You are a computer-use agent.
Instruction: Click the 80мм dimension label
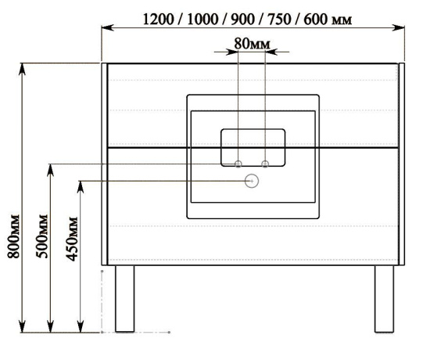coord(252,44)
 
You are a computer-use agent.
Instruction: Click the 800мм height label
coord(14,236)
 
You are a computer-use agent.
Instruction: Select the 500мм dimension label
coord(42,236)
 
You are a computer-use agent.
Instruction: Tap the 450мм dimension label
coord(72,239)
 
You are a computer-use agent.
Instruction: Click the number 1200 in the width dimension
coord(159,20)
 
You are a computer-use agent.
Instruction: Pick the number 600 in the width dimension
coord(315,20)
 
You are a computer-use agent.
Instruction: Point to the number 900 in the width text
coord(242,20)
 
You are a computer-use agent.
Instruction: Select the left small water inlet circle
coord(238,164)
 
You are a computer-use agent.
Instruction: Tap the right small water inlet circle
coord(265,164)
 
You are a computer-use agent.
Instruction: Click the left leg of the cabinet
coord(125,299)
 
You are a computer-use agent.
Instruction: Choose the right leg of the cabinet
coord(384,299)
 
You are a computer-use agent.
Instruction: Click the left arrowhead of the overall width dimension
coord(108,27)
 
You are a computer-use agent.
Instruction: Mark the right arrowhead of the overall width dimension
coord(399,27)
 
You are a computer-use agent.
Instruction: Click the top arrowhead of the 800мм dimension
coord(22,69)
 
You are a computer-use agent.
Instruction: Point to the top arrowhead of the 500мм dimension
coord(50,171)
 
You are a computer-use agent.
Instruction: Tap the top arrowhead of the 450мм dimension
coord(81,187)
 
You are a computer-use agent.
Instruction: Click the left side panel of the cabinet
coord(105,164)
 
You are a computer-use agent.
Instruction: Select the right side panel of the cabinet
coord(402,164)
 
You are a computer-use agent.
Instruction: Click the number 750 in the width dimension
coord(279,20)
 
